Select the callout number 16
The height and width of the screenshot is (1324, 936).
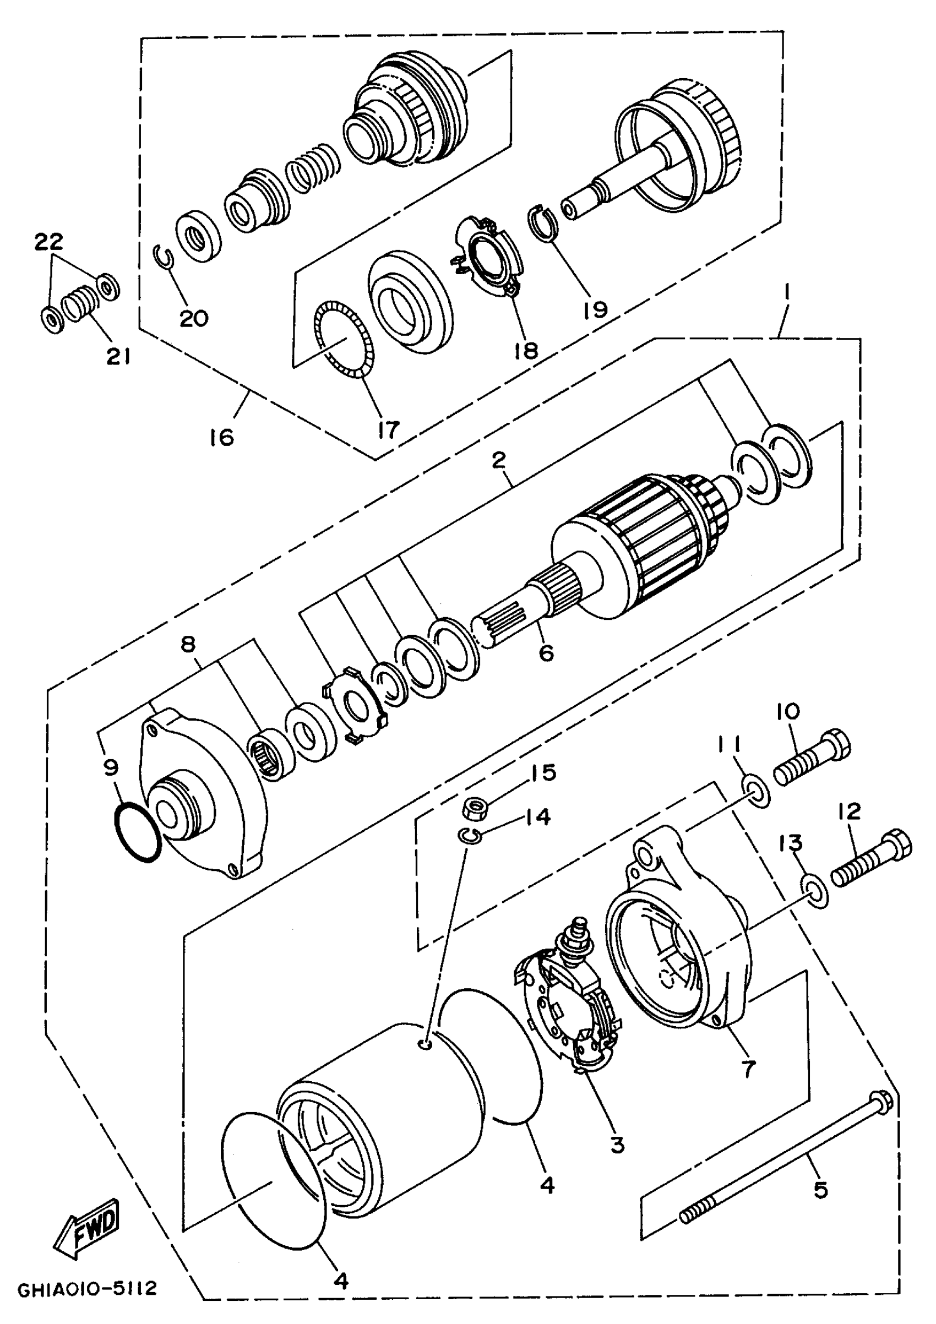click(x=222, y=437)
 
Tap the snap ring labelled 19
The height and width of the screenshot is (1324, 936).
click(x=544, y=223)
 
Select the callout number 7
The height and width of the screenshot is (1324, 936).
click(x=748, y=1070)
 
